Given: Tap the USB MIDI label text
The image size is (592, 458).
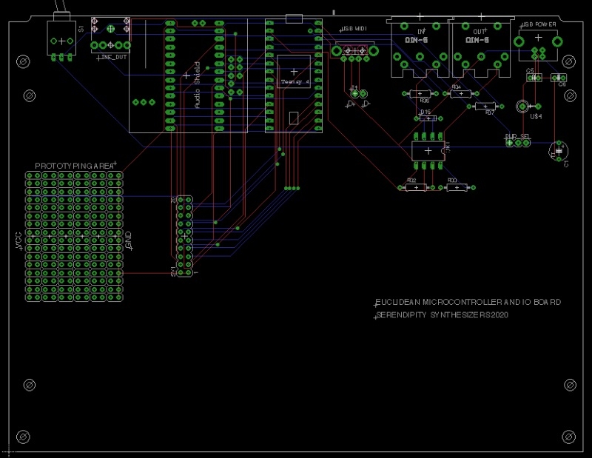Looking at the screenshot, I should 354,28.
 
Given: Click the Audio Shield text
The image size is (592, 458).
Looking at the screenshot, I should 196,85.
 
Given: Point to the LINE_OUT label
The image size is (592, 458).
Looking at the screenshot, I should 112,56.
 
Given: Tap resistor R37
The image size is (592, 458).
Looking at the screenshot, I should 481,106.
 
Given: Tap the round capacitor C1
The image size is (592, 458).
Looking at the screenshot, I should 558,150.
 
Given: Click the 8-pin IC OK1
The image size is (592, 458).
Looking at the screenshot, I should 428,149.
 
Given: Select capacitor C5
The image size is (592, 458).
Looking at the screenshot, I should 533,77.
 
